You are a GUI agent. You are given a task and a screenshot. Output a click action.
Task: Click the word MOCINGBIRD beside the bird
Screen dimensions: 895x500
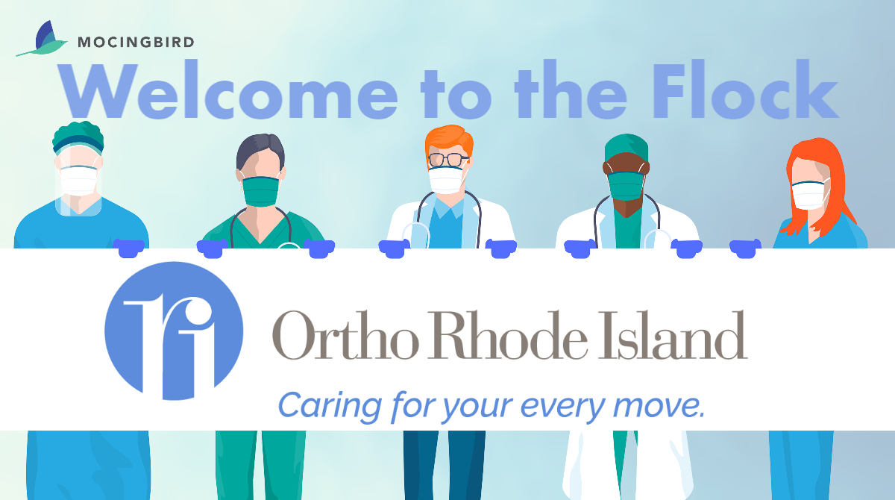click(136, 42)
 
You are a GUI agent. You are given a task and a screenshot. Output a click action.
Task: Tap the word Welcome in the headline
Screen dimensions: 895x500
click(227, 90)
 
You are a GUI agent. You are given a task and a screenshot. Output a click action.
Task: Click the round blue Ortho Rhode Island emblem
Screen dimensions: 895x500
click(174, 331)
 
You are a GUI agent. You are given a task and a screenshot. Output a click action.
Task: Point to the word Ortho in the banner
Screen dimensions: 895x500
click(345, 335)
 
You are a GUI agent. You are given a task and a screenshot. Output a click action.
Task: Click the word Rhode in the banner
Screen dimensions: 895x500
click(508, 335)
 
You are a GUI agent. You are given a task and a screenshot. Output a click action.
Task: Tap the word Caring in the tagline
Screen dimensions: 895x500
click(330, 407)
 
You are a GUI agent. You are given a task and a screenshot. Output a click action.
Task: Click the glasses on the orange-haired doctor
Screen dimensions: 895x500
click(448, 160)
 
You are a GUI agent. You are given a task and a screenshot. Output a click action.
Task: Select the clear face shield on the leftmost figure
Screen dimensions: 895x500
click(78, 181)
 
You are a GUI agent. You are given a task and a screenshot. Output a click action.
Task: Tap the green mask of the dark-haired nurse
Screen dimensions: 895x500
click(261, 192)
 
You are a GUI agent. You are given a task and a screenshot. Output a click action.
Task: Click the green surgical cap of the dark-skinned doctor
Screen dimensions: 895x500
click(626, 148)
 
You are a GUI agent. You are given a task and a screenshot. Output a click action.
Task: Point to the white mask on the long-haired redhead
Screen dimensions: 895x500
click(810, 195)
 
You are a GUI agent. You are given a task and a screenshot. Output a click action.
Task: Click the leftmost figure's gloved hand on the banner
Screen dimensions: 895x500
click(128, 249)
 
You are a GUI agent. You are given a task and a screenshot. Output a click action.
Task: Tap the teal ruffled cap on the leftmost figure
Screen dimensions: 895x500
click(78, 137)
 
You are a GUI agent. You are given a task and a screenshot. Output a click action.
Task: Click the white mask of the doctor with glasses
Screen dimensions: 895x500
click(447, 181)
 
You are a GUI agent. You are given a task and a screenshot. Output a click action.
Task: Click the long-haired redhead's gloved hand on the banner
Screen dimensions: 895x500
click(746, 249)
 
